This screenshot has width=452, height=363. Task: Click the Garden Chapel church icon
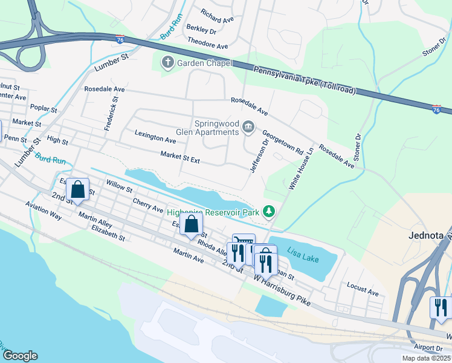pos(167,62)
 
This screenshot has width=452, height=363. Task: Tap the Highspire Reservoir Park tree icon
pos(270,212)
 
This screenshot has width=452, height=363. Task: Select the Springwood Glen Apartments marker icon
pos(248,127)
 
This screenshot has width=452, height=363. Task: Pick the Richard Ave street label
pos(218,19)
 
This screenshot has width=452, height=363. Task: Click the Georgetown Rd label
pos(282,142)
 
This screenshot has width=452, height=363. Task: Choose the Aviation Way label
pos(44,211)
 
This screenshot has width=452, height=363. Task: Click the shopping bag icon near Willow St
pos(78,190)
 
